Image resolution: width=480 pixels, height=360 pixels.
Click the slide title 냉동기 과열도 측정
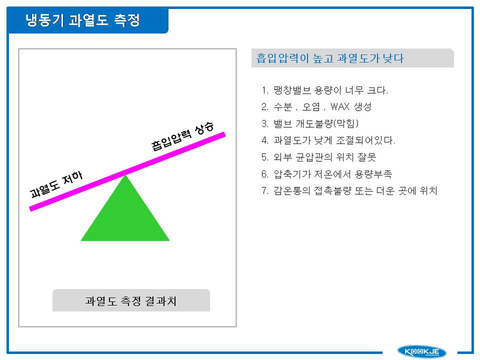click(82, 20)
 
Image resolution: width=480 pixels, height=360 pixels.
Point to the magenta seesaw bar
click(127, 171)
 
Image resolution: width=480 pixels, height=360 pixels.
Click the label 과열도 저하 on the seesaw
click(56, 184)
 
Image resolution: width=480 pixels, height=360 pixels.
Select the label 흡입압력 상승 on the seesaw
click(182, 136)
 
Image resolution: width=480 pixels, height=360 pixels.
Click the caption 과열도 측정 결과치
click(131, 301)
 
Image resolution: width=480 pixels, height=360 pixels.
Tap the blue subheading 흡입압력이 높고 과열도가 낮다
click(330, 58)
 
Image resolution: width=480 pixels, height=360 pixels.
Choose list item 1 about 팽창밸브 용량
click(325, 90)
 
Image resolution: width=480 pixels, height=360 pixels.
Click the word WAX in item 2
click(340, 106)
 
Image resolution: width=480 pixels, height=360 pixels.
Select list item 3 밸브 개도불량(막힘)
click(310, 123)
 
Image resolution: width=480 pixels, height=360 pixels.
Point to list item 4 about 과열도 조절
click(328, 140)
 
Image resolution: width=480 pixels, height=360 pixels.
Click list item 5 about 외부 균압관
click(318, 157)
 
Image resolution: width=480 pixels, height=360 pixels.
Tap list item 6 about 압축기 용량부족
click(326, 174)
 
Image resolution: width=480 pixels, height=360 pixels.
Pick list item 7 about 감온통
click(349, 190)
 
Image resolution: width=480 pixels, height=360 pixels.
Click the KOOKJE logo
click(421, 351)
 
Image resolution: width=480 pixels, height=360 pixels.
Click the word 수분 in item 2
click(282, 106)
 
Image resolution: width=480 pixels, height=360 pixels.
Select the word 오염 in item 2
click(311, 106)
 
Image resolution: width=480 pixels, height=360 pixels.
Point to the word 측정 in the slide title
click(126, 20)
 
